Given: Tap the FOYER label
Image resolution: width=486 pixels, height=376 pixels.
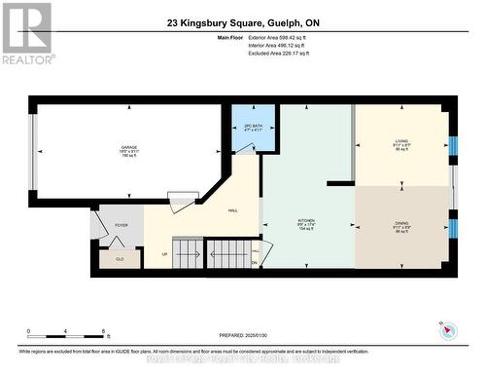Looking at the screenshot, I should (x=121, y=225).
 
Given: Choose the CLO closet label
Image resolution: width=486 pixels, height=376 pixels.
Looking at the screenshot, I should (x=119, y=260).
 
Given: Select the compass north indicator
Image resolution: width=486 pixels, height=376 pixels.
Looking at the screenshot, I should (x=448, y=330).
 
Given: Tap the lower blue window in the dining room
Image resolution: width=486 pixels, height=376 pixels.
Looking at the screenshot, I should (x=452, y=229).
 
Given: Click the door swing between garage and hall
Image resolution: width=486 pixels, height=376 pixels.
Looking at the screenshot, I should (x=181, y=203).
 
